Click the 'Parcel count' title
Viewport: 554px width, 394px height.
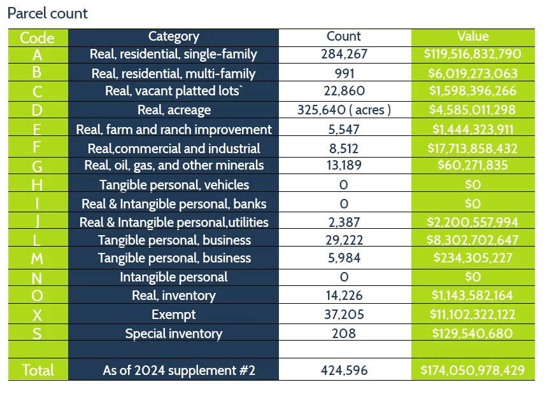tap(48, 13)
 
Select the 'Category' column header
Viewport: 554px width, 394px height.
tap(173, 37)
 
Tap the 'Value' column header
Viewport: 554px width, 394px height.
tap(472, 36)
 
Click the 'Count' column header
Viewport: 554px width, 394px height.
tap(344, 37)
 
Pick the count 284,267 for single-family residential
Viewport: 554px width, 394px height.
tap(344, 54)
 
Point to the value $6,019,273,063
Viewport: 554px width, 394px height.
tap(472, 73)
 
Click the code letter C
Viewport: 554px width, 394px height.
tap(37, 92)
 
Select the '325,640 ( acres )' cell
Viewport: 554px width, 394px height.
tap(344, 110)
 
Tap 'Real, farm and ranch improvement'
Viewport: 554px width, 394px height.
tap(173, 130)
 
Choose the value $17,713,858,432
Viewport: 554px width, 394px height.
tap(472, 149)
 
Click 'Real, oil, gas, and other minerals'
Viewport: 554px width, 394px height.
tap(173, 165)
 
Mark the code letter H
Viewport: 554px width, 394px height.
tap(37, 185)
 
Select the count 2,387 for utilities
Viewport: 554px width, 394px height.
tap(344, 222)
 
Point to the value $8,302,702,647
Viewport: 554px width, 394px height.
tap(472, 240)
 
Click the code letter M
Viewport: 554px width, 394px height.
tap(37, 259)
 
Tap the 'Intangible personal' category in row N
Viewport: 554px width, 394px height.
tap(173, 277)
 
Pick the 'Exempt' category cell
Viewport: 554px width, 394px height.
tap(173, 315)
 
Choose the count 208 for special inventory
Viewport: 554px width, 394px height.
tap(344, 334)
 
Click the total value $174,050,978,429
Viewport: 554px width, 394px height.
tap(472, 370)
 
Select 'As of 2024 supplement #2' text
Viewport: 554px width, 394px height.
tap(178, 370)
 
